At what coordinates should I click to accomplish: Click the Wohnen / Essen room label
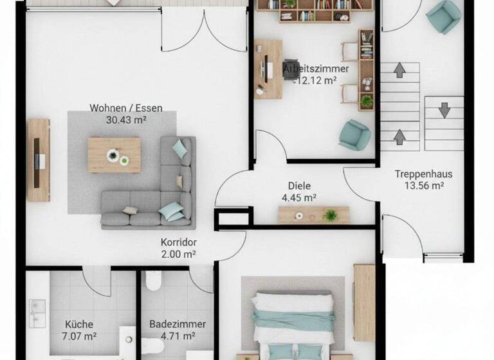[126, 108]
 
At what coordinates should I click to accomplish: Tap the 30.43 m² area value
[126, 119]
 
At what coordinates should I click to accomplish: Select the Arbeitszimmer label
[316, 69]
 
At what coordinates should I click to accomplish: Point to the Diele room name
[300, 186]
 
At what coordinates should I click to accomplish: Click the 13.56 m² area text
[423, 186]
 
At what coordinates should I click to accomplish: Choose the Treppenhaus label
[423, 174]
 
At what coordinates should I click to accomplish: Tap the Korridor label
[178, 242]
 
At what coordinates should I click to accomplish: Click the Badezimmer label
[178, 325]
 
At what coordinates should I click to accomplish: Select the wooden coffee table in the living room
[114, 154]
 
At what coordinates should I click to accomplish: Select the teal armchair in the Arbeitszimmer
[354, 134]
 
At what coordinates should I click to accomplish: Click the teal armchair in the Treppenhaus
[444, 17]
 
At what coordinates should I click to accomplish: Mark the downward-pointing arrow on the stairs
[444, 109]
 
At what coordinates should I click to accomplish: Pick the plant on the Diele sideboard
[331, 214]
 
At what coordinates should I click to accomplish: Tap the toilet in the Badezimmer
[154, 281]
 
